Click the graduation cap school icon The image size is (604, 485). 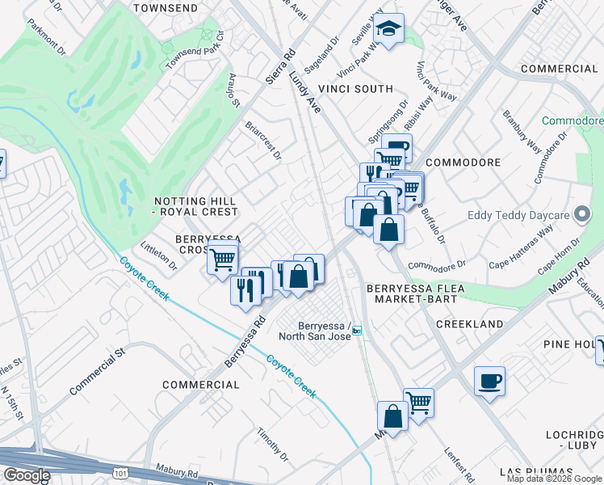click(x=388, y=30)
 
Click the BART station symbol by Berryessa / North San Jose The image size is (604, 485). click(x=356, y=330)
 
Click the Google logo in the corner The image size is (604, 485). click(x=26, y=475)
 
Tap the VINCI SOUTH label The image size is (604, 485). click(x=355, y=89)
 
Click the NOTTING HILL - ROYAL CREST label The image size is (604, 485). click(x=196, y=206)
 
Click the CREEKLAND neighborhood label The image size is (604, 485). click(x=469, y=323)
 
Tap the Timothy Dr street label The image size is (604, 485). click(x=274, y=445)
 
